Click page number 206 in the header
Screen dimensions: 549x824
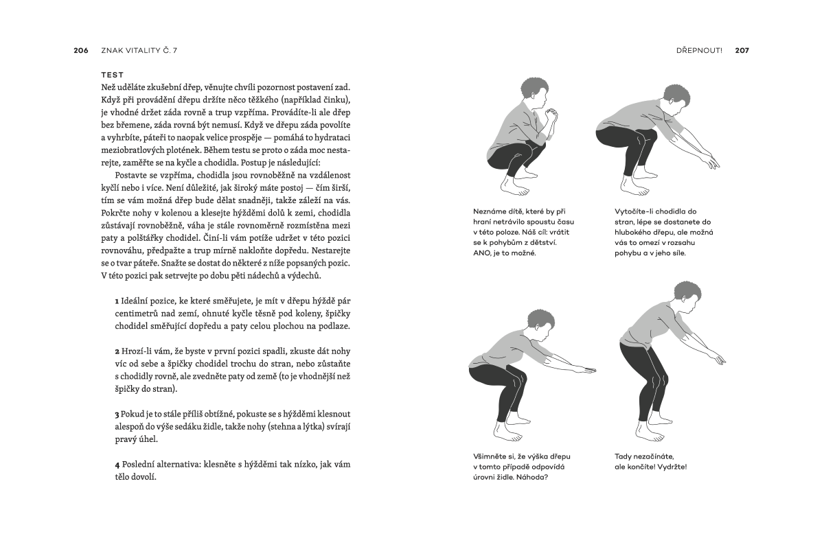tap(80, 50)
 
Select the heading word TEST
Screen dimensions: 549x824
tap(112, 75)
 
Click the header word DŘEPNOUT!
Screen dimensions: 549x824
tap(699, 50)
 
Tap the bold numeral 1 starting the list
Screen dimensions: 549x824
tap(117, 302)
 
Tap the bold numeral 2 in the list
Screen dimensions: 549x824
tap(117, 352)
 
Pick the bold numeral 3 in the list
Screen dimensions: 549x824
tap(117, 414)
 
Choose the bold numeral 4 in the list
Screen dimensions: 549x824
tap(117, 465)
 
